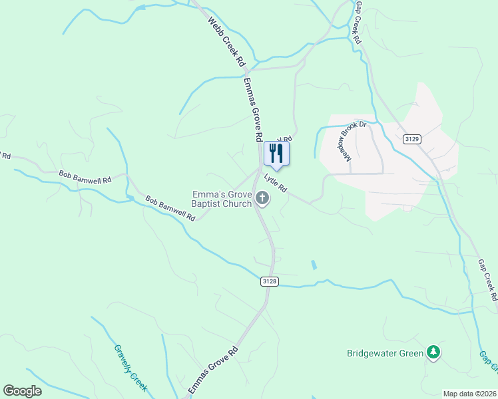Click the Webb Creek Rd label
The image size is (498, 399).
pos(226,42)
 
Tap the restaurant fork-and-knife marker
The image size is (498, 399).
pos(276,154)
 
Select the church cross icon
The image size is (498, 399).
pos(262,198)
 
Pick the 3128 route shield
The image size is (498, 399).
pos(269,282)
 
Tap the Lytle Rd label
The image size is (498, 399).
pos(276,183)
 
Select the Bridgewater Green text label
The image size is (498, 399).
pos(385,353)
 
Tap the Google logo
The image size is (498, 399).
pos(22,391)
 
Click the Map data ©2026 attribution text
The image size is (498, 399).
pos(469,394)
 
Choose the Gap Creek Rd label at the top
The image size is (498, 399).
pos(358,23)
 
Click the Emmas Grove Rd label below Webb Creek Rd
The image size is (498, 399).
pos(251,110)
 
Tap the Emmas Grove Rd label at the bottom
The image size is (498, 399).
pos(212,370)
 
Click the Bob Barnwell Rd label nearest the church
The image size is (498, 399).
pos(170,208)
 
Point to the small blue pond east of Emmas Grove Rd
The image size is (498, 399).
pos(314,265)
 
